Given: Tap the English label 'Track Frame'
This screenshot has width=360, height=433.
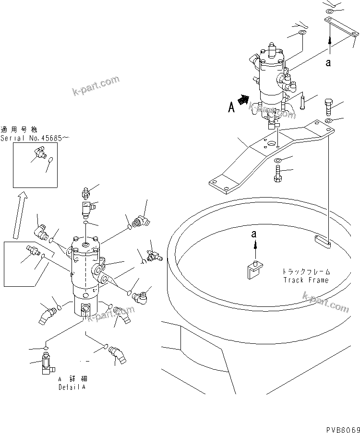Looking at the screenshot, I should [x=306, y=280].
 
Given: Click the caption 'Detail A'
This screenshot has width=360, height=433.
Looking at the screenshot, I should [x=72, y=387].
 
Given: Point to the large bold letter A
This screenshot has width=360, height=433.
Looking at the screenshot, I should [x=231, y=108].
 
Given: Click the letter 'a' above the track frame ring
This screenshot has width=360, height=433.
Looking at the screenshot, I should [x=254, y=234].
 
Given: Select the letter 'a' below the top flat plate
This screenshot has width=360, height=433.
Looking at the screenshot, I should [x=328, y=62].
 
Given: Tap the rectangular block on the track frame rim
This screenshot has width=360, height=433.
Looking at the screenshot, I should [x=323, y=241].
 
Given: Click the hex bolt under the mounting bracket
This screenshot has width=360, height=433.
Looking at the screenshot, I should [x=278, y=173].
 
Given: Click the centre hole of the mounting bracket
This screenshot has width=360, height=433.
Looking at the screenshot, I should [x=277, y=143].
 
